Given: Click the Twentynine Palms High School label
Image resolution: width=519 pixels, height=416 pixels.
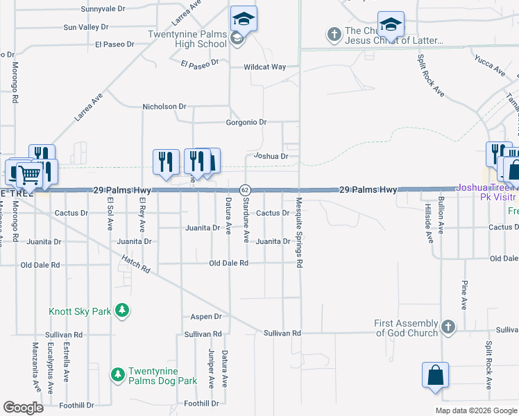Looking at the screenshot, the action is (187, 39).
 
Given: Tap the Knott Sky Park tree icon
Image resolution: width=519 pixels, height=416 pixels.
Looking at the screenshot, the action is (122, 310).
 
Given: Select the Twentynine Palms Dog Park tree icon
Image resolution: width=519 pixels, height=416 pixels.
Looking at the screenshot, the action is (118, 374).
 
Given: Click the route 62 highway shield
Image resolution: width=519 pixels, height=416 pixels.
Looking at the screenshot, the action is (245, 189).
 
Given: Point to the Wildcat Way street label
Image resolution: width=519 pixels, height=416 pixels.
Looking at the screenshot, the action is (264, 67).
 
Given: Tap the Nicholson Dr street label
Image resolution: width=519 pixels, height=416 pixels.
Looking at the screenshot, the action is (164, 107).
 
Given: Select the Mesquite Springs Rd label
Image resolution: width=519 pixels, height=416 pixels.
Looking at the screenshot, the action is (299, 232).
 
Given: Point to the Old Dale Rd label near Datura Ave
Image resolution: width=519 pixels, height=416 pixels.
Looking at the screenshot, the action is (229, 263).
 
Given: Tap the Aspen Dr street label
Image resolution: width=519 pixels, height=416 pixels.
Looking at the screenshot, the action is (206, 316).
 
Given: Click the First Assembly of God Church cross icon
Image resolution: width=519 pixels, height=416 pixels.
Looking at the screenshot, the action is (449, 326).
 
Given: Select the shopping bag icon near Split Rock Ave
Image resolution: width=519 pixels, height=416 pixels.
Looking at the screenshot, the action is (436, 376).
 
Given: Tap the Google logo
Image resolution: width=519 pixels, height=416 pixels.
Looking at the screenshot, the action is (24, 408).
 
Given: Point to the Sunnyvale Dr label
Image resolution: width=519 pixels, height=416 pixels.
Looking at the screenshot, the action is (103, 9).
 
